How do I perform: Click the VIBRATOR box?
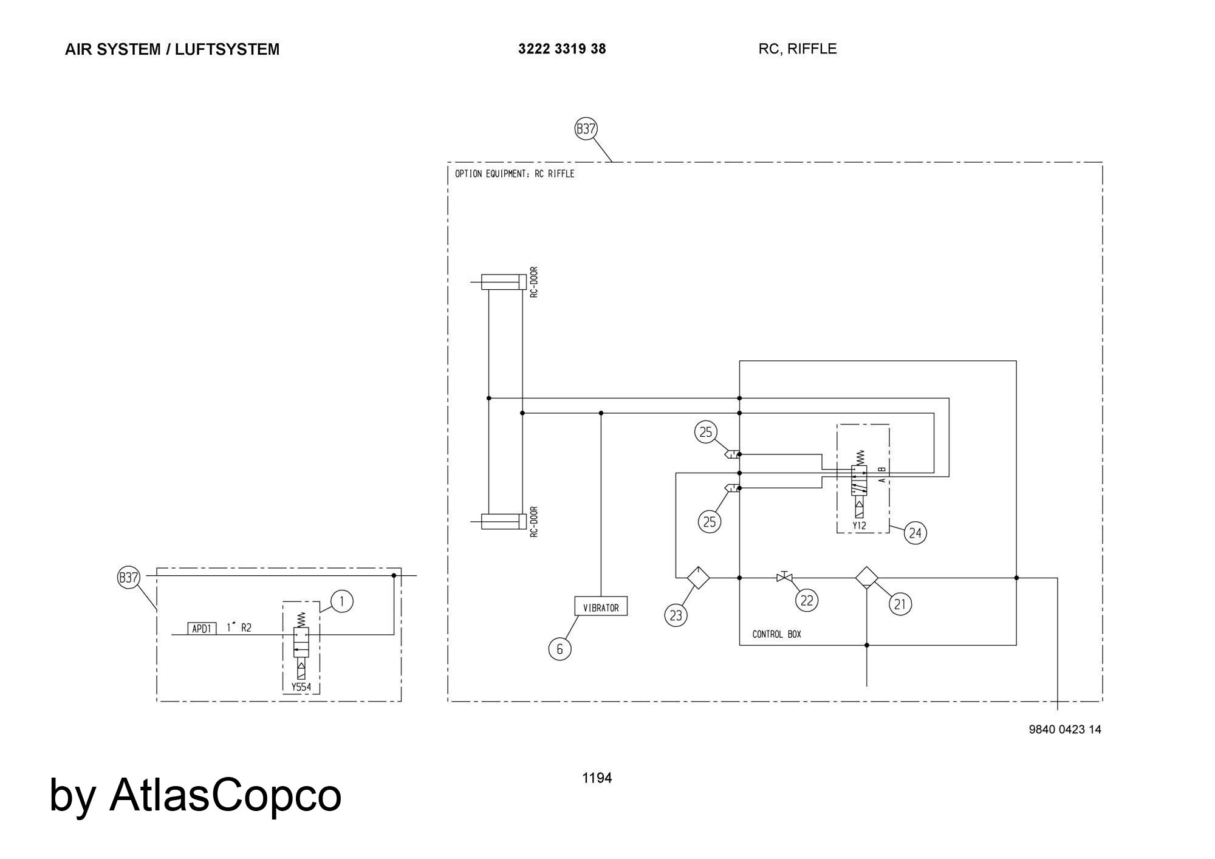(x=601, y=606)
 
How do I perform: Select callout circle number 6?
(x=560, y=649)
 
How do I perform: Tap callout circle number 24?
(x=915, y=533)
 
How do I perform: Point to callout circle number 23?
(x=676, y=615)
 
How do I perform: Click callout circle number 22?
(x=806, y=600)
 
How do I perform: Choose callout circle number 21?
(x=900, y=604)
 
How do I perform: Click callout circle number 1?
(x=342, y=601)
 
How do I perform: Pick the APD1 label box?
(x=201, y=629)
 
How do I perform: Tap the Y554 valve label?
(x=301, y=687)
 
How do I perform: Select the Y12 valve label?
(x=859, y=525)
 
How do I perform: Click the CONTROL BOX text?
(x=776, y=634)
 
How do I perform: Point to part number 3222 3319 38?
(x=562, y=49)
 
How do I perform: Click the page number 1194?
(x=597, y=778)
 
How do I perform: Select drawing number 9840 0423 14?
(x=1064, y=730)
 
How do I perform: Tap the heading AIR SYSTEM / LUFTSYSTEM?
(x=172, y=49)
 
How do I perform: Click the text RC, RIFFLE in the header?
(x=797, y=49)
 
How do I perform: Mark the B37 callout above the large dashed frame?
(x=586, y=129)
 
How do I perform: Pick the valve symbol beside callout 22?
(x=784, y=577)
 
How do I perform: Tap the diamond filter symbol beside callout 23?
(x=698, y=577)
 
